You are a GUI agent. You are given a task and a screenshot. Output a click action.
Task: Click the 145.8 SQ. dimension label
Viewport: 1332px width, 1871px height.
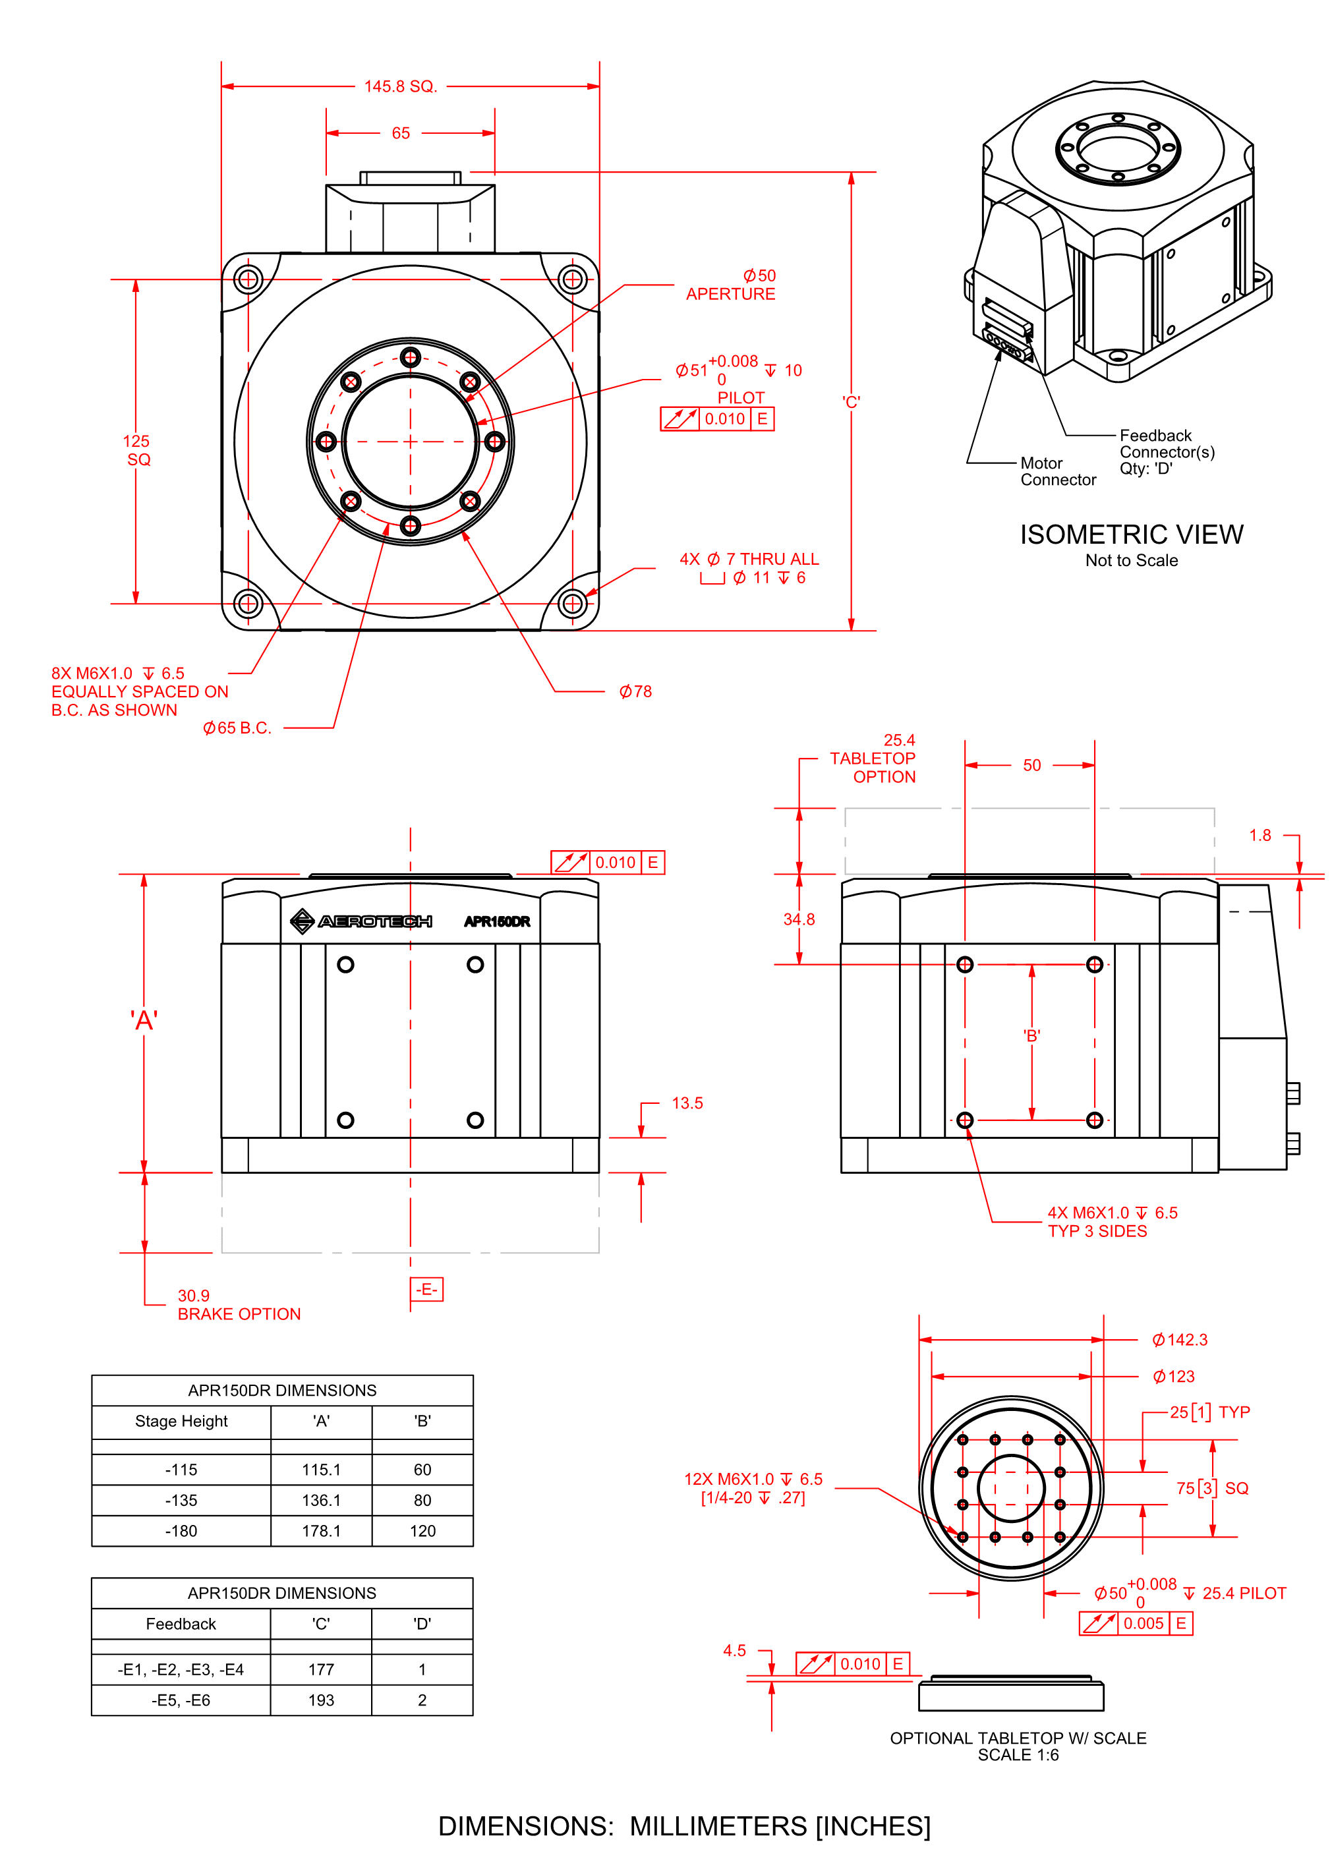click(400, 86)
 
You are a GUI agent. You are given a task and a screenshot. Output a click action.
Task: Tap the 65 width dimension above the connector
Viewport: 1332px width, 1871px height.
click(400, 133)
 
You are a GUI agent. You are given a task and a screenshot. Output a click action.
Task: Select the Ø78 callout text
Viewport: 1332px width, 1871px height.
click(635, 692)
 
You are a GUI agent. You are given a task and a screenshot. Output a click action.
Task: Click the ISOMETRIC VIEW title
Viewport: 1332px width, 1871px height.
click(1131, 534)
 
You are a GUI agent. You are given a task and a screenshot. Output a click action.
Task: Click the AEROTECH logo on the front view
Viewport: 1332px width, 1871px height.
click(362, 921)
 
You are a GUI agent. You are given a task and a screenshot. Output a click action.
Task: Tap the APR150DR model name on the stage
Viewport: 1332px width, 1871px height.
click(497, 921)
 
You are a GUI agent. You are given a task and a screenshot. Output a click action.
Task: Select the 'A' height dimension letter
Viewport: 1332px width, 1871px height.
click(144, 1021)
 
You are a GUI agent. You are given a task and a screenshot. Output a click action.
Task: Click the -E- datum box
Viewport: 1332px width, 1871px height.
click(426, 1290)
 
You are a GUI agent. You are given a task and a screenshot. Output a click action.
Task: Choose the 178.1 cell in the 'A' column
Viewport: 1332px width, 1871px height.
click(321, 1531)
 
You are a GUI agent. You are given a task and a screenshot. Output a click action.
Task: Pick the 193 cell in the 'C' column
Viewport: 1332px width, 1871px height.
click(321, 1700)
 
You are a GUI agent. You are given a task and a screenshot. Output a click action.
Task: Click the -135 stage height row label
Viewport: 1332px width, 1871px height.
click(181, 1501)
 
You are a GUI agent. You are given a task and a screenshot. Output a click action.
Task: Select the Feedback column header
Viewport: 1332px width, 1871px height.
click(181, 1625)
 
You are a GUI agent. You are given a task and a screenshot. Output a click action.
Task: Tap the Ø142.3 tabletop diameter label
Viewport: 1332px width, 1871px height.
click(1180, 1340)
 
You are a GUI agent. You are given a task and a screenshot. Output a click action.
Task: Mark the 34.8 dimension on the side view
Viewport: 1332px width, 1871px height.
click(799, 919)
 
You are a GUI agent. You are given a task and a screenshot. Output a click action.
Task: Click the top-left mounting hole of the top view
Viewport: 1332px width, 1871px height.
click(248, 279)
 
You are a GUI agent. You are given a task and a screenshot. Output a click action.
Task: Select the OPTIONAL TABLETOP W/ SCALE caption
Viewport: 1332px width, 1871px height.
click(1018, 1738)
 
